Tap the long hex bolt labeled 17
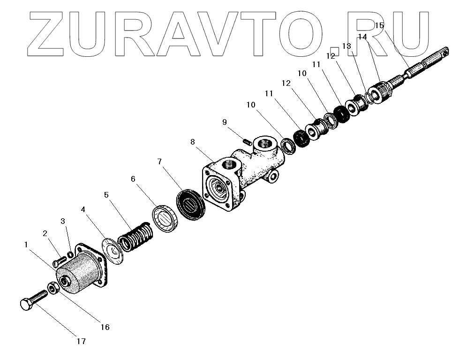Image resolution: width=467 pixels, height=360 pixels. pos(34,299)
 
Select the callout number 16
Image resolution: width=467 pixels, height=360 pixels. pos(105,327)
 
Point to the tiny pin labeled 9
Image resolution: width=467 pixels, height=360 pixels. pos(247,139)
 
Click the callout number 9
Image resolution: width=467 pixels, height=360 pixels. pos(225,122)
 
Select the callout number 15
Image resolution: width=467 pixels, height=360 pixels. pos(379,25)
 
